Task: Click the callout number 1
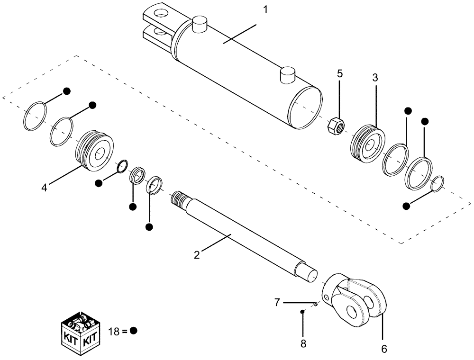(x=265, y=9)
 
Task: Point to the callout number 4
(x=44, y=188)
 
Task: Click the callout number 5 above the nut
(x=340, y=73)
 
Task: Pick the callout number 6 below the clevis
(x=384, y=349)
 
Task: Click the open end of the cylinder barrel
(x=306, y=108)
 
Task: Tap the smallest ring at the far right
(x=438, y=184)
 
